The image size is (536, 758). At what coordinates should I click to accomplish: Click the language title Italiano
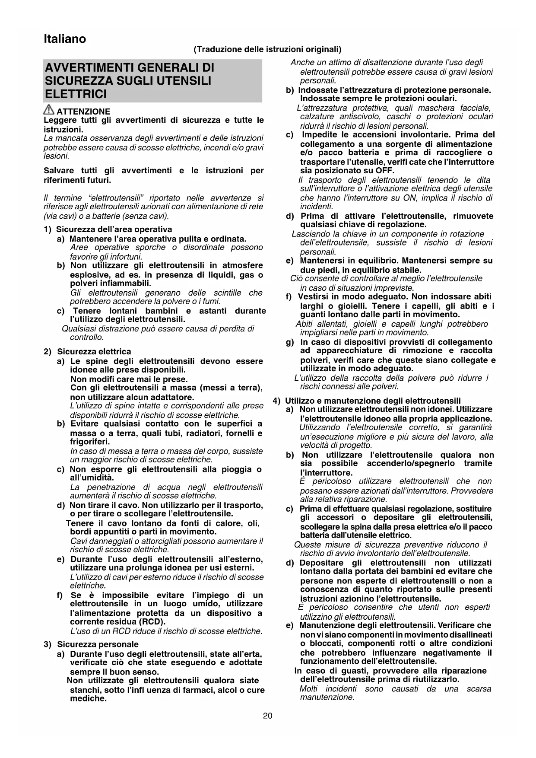pyautogui.click(x=65, y=39)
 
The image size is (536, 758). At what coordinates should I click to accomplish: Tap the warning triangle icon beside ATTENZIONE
pyautogui.click(x=49, y=110)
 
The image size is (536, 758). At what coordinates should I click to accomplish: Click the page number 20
pyautogui.click(x=268, y=716)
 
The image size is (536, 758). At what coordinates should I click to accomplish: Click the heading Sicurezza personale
pyautogui.click(x=98, y=644)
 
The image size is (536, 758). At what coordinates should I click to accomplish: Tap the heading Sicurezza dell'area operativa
pyautogui.click(x=114, y=229)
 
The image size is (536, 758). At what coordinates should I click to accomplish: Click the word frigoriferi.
pyautogui.click(x=90, y=442)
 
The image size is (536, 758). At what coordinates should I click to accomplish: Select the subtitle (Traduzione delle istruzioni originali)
pyautogui.click(x=267, y=49)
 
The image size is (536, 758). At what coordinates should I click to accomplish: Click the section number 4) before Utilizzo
pyautogui.click(x=277, y=401)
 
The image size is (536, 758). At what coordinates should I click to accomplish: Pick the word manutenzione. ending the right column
pyautogui.click(x=327, y=697)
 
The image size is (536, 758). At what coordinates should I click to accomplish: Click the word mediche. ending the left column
pyautogui.click(x=88, y=698)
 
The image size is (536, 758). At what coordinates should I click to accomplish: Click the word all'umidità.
pyautogui.click(x=92, y=478)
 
